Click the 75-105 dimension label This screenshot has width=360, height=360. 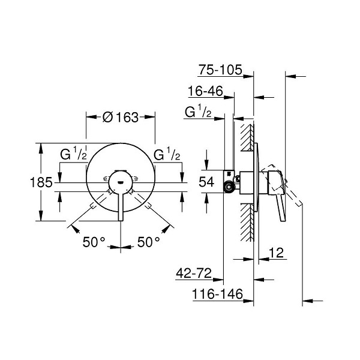[220, 70]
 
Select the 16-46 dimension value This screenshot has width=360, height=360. [205, 91]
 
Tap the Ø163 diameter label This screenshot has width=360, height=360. [121, 118]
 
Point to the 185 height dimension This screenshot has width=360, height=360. [41, 182]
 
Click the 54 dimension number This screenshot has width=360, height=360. [206, 182]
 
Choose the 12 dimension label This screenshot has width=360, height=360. [277, 253]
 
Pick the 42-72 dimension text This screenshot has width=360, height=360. [194, 273]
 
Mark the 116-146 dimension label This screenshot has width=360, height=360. [217, 294]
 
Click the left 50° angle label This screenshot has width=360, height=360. [94, 242]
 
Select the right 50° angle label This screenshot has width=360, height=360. [148, 242]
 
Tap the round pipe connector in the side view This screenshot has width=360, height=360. [229, 187]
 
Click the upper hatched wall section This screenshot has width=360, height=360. [247, 137]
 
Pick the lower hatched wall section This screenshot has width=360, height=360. [247, 223]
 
